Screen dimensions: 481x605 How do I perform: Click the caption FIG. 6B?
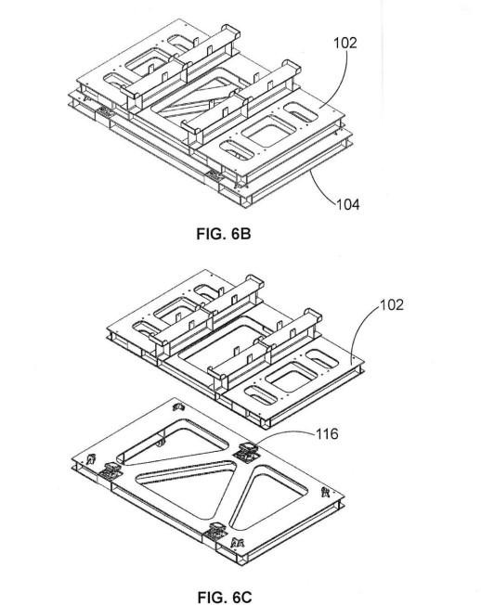pyautogui.click(x=224, y=234)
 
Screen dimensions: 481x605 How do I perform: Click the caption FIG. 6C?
pyautogui.click(x=225, y=597)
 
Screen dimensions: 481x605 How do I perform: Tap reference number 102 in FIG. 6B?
pyautogui.click(x=345, y=43)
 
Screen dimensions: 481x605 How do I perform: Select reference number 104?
pyautogui.click(x=348, y=204)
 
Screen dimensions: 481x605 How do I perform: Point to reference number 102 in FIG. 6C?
pyautogui.click(x=392, y=304)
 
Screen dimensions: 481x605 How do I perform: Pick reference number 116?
pyautogui.click(x=328, y=434)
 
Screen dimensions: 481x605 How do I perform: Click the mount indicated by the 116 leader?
pyautogui.click(x=246, y=452)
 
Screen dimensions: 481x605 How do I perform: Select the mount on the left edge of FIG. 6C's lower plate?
pyautogui.click(x=110, y=470)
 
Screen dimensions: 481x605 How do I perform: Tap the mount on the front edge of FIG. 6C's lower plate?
pyautogui.click(x=215, y=531)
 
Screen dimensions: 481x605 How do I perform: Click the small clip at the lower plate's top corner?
pyautogui.click(x=178, y=406)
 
